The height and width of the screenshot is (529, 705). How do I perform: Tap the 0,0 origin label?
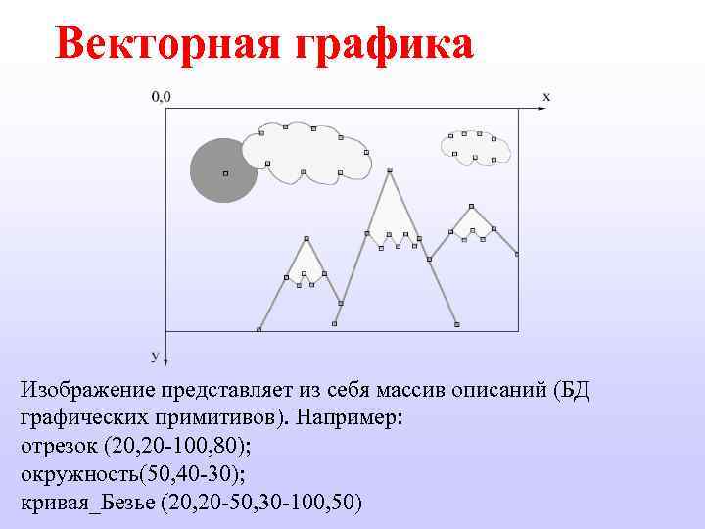[161, 96]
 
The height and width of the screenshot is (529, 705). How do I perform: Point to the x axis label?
[546, 96]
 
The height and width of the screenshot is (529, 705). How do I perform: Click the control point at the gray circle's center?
[224, 173]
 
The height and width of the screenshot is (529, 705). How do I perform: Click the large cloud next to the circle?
[305, 154]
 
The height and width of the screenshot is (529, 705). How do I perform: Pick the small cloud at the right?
[475, 146]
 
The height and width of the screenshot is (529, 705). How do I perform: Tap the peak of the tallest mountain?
[391, 171]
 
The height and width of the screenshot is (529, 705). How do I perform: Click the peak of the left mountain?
[306, 239]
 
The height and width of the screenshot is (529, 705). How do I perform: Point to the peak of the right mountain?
[471, 207]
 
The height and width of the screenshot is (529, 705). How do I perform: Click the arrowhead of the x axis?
[543, 109]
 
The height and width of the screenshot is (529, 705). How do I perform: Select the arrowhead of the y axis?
[166, 360]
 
